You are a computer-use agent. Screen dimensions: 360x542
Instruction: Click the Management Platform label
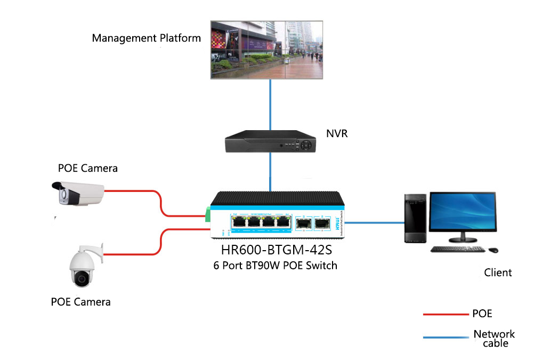click(146, 38)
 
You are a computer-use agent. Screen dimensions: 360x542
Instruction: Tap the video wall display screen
click(267, 50)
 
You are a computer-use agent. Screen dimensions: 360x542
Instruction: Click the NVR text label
click(337, 133)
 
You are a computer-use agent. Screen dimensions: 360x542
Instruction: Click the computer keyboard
click(457, 249)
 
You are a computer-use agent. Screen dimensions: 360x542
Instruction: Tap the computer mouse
click(493, 250)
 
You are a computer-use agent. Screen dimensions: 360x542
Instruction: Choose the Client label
click(498, 273)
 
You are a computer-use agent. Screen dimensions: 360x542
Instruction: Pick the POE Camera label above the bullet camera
click(88, 169)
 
